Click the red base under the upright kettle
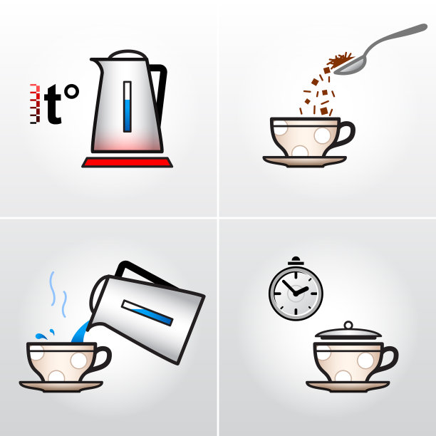[127, 162]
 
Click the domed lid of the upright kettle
[128, 54]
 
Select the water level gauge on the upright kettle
[128, 107]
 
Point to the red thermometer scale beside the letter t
[35, 103]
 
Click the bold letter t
[52, 104]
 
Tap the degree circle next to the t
[71, 91]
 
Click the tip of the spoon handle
[425, 26]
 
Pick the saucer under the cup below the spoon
[305, 161]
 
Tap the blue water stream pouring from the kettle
[81, 332]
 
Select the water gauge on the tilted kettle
[147, 313]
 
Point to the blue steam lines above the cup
[58, 294]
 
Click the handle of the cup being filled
[103, 359]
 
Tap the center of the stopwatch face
[296, 293]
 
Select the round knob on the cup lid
[348, 325]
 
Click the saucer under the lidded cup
[348, 387]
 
